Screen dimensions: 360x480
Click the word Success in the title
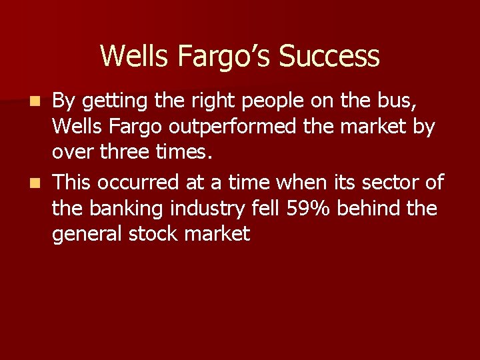(x=329, y=56)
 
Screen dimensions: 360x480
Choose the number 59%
(x=309, y=208)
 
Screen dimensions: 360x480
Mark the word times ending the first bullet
(x=184, y=152)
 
